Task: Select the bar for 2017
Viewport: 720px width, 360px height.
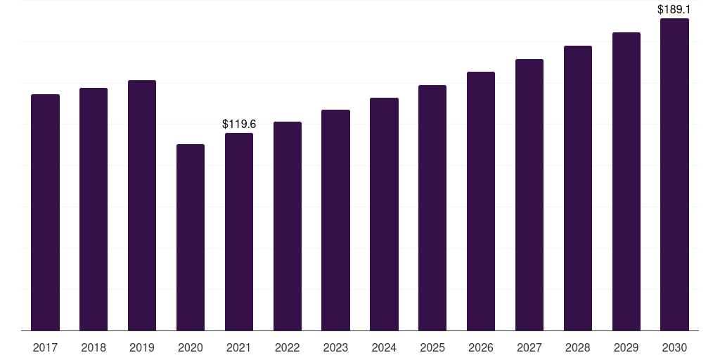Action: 45,212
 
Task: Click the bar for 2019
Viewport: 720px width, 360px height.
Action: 142,205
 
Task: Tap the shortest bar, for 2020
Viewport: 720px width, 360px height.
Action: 191,238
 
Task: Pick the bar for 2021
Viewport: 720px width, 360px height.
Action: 239,232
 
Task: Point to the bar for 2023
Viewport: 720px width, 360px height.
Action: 335,220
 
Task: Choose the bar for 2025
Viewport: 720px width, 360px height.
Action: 432,208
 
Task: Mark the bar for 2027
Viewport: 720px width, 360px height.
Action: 529,195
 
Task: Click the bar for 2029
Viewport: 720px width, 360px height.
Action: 626,181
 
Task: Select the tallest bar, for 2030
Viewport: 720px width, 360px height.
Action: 674,174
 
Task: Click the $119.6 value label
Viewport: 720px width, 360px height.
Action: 239,124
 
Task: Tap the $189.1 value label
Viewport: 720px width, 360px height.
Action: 674,10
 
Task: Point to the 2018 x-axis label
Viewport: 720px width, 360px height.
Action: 94,347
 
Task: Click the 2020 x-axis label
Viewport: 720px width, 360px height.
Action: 191,347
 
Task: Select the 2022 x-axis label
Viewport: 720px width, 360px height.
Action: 288,347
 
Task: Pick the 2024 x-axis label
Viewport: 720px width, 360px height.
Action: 385,347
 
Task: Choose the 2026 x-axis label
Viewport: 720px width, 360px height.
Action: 481,347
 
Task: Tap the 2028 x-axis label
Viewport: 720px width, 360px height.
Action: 578,347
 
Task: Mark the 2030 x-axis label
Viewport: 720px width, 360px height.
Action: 674,347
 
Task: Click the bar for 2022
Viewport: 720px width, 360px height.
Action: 288,226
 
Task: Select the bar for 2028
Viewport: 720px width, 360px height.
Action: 578,188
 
